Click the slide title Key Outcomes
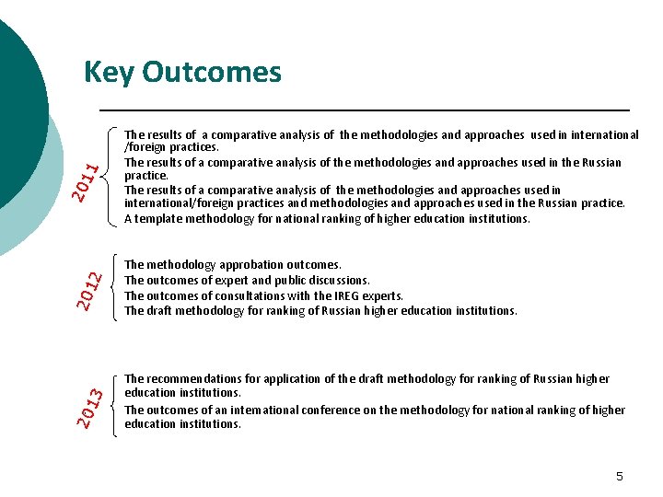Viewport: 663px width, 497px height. [x=182, y=72]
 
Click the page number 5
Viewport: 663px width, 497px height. [x=620, y=476]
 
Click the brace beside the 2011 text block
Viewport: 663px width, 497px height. [x=111, y=177]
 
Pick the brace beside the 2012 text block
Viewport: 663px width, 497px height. [x=112, y=287]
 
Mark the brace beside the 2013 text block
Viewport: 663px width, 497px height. [x=112, y=402]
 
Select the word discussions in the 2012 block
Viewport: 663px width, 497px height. [x=338, y=281]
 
